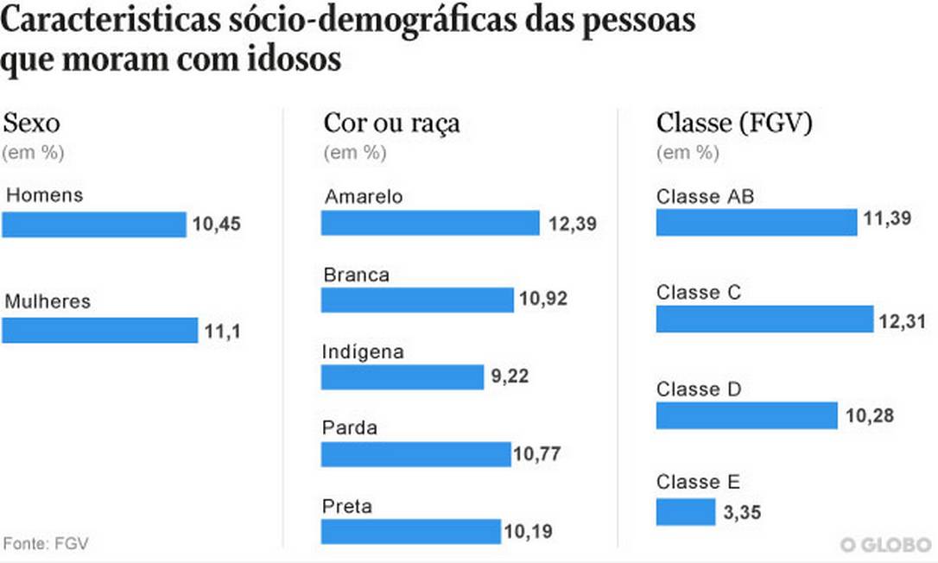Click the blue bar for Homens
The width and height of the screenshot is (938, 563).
(x=93, y=225)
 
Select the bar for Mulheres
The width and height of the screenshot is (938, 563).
(x=99, y=330)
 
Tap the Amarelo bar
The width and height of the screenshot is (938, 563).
(x=430, y=223)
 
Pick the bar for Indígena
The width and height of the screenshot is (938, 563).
(x=402, y=376)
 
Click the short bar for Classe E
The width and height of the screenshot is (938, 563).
(x=685, y=511)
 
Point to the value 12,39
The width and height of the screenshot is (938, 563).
(x=572, y=225)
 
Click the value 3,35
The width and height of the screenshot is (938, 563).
(x=742, y=515)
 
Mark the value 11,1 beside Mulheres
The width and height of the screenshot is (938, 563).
(x=222, y=331)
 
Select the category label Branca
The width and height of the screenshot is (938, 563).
(x=356, y=275)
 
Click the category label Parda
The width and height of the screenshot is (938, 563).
(x=350, y=428)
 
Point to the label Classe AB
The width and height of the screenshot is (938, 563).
(x=705, y=197)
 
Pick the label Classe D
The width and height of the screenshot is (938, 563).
(x=699, y=389)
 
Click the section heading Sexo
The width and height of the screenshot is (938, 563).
(x=32, y=122)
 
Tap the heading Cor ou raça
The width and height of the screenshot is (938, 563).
(x=391, y=123)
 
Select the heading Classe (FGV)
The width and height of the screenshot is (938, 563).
(x=734, y=123)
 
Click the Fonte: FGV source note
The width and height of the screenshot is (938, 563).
(x=46, y=544)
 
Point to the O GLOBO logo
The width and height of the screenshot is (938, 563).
(x=886, y=545)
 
